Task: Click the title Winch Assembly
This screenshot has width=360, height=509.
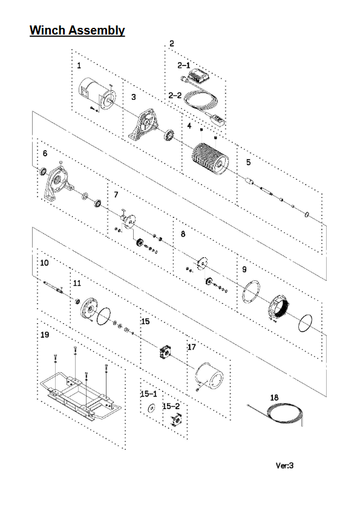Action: (77, 30)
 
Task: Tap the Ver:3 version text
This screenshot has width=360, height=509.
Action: (284, 465)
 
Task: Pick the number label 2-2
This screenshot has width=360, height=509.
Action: (175, 96)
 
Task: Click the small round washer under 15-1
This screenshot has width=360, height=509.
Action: (151, 407)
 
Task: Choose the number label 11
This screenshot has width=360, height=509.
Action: (77, 283)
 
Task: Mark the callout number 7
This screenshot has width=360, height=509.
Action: (116, 195)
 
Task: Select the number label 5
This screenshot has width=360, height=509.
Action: (248, 162)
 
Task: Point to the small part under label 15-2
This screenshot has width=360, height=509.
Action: (175, 420)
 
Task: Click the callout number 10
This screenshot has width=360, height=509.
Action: (45, 262)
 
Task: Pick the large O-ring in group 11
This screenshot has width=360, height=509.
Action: (103, 316)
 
